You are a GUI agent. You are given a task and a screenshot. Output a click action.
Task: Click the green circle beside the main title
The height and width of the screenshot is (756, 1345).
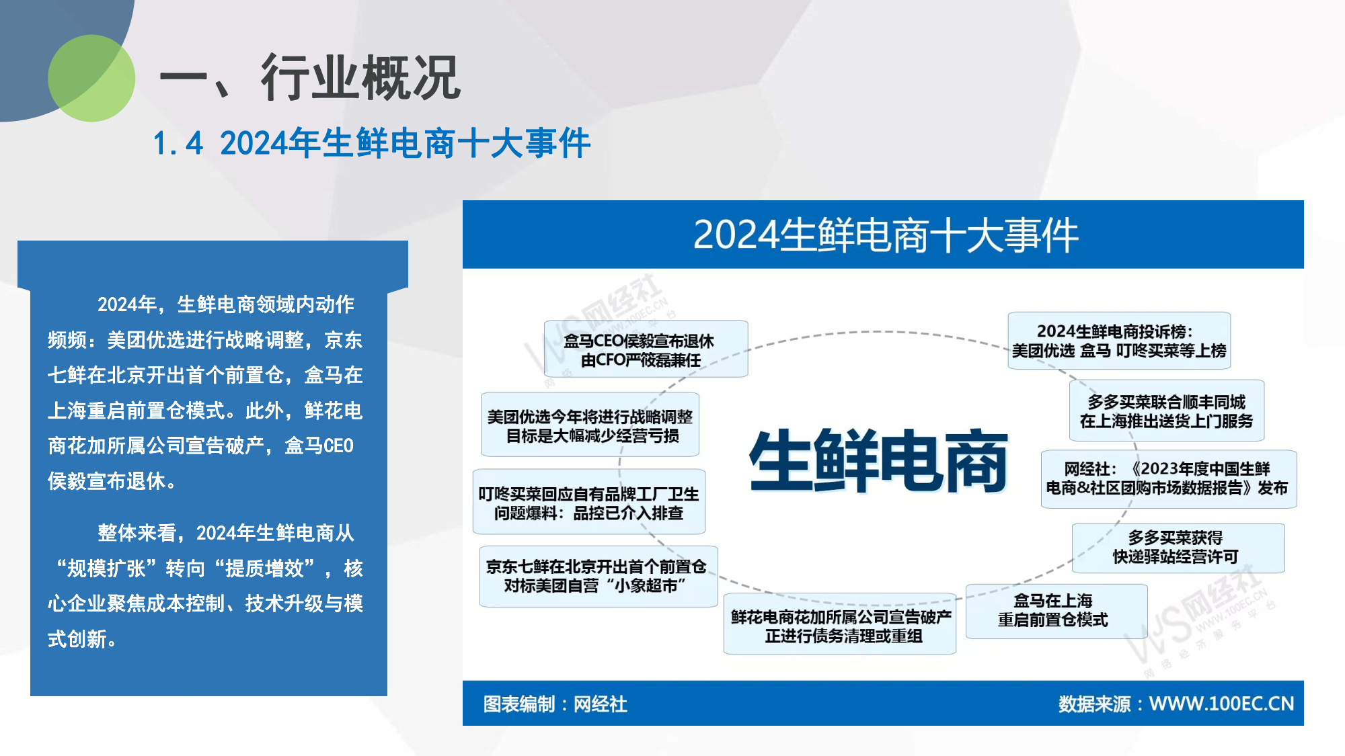point(91,79)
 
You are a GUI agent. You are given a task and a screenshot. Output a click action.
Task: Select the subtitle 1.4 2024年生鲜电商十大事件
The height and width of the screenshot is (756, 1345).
point(371,143)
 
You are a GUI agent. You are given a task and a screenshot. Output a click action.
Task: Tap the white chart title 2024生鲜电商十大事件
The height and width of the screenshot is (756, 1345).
point(885,235)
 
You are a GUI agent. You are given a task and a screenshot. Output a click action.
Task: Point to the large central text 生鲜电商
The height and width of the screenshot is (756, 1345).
point(878,461)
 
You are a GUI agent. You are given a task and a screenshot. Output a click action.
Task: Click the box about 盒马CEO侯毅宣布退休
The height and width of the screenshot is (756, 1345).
point(646,349)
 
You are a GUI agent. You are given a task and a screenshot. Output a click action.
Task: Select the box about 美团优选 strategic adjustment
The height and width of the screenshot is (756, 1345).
point(590,425)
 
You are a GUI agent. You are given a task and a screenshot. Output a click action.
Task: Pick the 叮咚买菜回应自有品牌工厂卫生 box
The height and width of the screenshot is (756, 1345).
point(588,503)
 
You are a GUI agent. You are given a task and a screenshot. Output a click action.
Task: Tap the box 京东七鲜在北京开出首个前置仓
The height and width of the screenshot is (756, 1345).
point(597,576)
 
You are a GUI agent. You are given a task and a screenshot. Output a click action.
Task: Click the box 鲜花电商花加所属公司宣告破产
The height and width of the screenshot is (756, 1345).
point(840,625)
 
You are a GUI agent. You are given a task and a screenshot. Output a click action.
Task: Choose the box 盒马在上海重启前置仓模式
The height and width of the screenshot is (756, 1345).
point(1054,610)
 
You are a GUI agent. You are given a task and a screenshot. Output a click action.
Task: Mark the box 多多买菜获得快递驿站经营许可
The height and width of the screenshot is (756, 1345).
point(1176,547)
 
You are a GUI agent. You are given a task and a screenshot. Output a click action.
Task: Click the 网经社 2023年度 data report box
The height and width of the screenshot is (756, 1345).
point(1167,478)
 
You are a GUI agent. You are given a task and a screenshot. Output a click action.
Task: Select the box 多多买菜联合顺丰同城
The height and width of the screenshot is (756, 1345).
point(1166,411)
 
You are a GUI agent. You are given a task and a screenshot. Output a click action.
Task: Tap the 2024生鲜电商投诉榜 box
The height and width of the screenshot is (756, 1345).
point(1118,340)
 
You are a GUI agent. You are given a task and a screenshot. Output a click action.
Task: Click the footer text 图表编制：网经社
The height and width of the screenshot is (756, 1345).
point(555,704)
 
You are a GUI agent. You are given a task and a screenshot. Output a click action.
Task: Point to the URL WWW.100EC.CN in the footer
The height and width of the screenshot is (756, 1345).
point(1221,704)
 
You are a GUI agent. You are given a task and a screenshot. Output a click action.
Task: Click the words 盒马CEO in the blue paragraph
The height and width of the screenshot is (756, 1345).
point(319,446)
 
